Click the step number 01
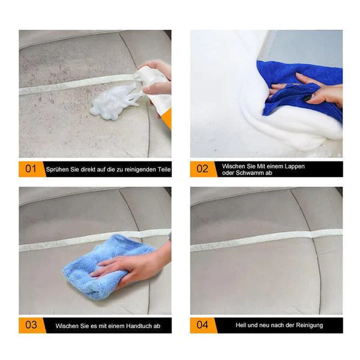coord(31,169)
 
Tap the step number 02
coord(202,169)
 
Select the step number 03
coord(31,325)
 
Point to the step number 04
coord(202,325)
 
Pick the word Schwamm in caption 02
coord(254,173)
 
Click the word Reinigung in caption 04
coord(310,325)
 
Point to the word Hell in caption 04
coord(241,325)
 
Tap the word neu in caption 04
coord(264,325)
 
